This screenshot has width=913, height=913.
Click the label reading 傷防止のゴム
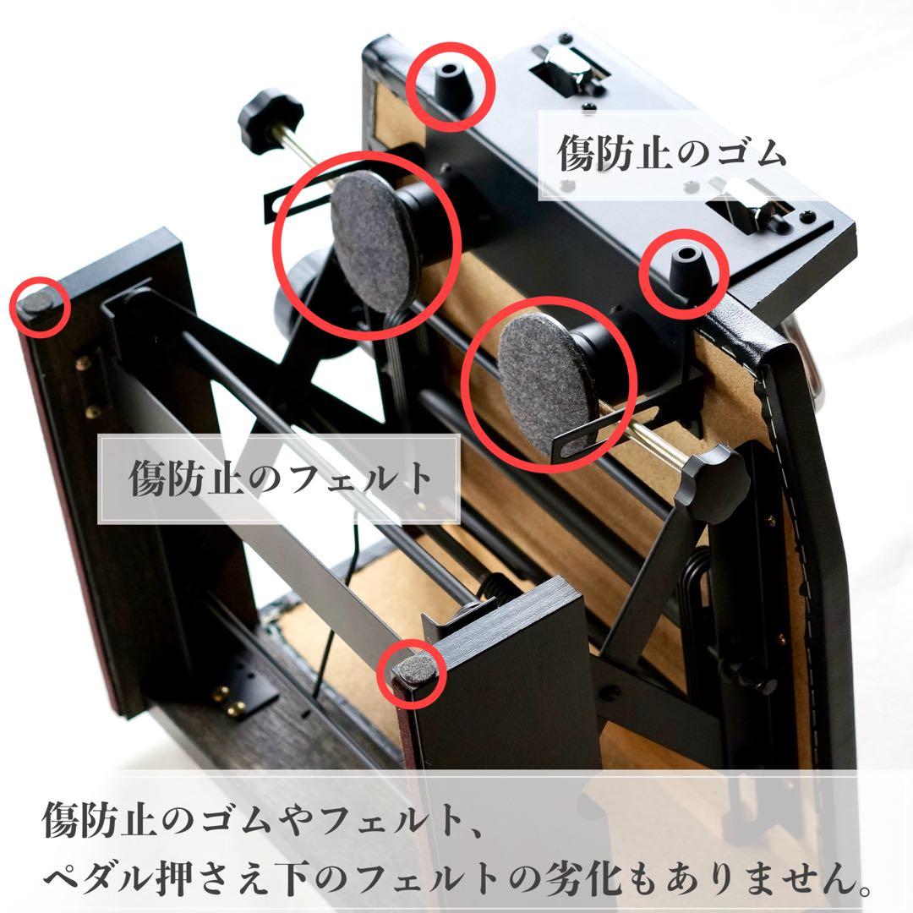pos(672,153)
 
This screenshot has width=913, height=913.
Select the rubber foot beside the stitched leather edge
pos(683,270)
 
